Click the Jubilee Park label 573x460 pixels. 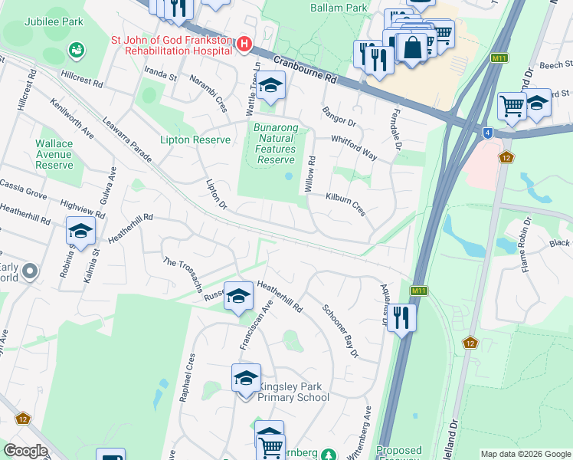pyautogui.click(x=53, y=22)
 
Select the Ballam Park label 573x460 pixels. pyautogui.click(x=339, y=8)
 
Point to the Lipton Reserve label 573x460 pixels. pyautogui.click(x=195, y=140)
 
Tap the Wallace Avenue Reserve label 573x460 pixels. pyautogui.click(x=54, y=154)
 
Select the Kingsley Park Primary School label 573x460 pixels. pyautogui.click(x=293, y=391)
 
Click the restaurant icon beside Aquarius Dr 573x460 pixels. pyautogui.click(x=401, y=317)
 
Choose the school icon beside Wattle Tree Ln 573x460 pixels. pyautogui.click(x=270, y=87)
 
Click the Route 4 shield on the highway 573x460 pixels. pyautogui.click(x=487, y=133)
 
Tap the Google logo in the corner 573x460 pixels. pyautogui.click(x=25, y=451)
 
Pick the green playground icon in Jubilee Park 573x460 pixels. pyautogui.click(x=76, y=51)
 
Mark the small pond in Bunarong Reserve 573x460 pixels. pyautogui.click(x=289, y=176)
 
